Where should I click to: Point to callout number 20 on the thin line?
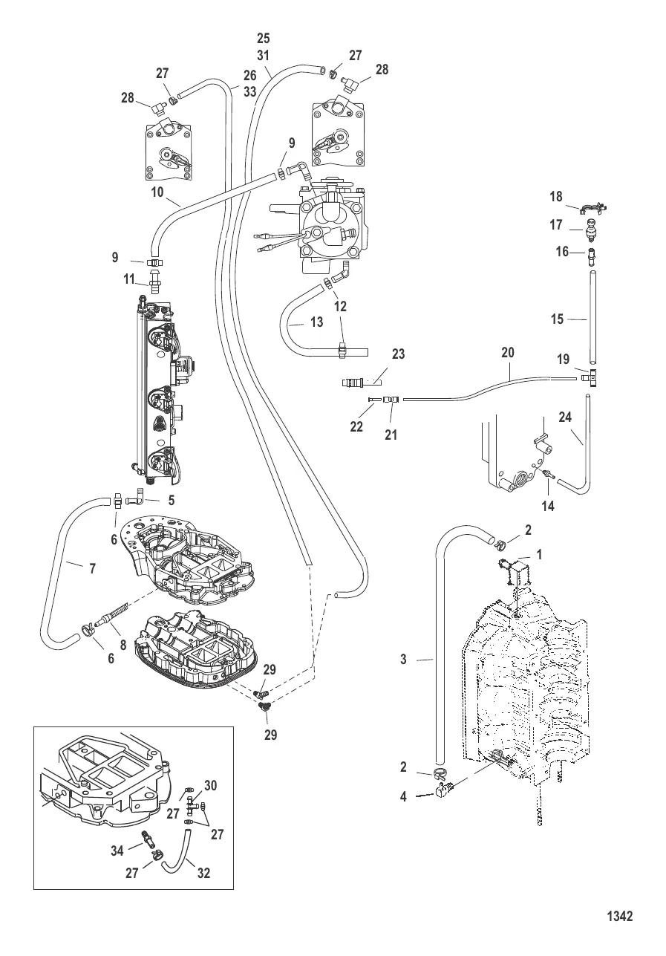[508, 354]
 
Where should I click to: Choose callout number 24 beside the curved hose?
[565, 417]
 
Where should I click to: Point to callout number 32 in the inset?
[203, 874]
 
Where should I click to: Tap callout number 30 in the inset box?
[210, 786]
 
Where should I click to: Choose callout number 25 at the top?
[264, 38]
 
